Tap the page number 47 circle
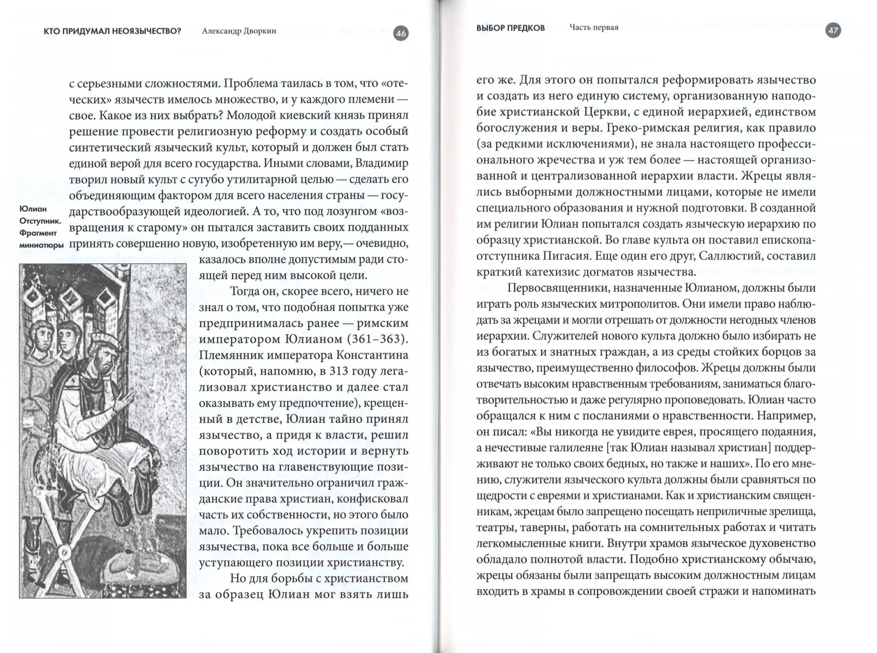[x=832, y=31]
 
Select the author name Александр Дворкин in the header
[x=239, y=32]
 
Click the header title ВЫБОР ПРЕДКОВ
[x=510, y=28]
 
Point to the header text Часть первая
[x=594, y=28]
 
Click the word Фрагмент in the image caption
[x=38, y=233]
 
